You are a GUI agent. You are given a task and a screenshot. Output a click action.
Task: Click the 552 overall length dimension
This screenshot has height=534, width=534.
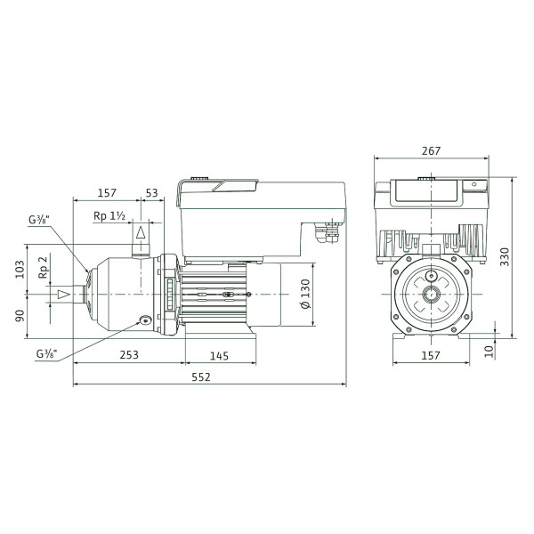click(x=201, y=377)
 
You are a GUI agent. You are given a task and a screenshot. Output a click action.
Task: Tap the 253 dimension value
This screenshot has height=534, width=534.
click(x=129, y=355)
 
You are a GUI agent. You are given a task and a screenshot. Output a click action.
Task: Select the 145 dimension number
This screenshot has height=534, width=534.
click(x=219, y=356)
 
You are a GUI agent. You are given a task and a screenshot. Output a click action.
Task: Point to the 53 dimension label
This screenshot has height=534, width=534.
click(x=152, y=193)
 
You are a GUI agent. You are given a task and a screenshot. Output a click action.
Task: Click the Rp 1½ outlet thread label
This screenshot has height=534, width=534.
click(x=109, y=216)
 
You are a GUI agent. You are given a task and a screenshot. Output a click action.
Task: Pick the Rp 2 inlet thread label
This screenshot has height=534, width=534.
click(x=44, y=268)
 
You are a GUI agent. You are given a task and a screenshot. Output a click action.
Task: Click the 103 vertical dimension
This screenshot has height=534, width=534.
click(x=20, y=270)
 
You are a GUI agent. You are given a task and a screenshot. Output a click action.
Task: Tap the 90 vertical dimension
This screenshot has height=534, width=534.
click(x=20, y=316)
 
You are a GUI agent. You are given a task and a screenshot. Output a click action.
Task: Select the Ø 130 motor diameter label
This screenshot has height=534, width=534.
click(x=306, y=294)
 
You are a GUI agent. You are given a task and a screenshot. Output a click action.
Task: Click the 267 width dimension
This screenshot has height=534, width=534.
click(x=431, y=151)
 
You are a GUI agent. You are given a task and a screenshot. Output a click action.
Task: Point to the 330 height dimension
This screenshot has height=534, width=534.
click(x=505, y=257)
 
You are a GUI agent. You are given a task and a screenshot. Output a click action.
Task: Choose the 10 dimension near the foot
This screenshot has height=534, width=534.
click(x=489, y=351)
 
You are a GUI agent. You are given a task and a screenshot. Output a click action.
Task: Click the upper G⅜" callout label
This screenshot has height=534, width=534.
click(x=39, y=220)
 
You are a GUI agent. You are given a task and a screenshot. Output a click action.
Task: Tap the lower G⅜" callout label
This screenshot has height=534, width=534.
click(x=46, y=354)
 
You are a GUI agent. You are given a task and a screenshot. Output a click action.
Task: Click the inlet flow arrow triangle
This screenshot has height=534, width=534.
click(x=64, y=295)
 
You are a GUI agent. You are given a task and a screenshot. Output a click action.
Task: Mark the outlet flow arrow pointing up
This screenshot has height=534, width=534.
click(x=141, y=232)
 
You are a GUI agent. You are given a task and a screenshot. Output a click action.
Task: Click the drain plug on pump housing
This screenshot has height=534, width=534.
click(x=145, y=320)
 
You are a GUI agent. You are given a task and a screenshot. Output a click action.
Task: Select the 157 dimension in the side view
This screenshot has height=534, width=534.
click(x=107, y=193)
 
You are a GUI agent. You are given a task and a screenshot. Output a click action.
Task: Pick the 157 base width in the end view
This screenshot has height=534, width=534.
click(x=431, y=355)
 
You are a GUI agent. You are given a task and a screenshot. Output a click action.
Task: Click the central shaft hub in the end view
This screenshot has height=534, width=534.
click(x=431, y=294)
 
